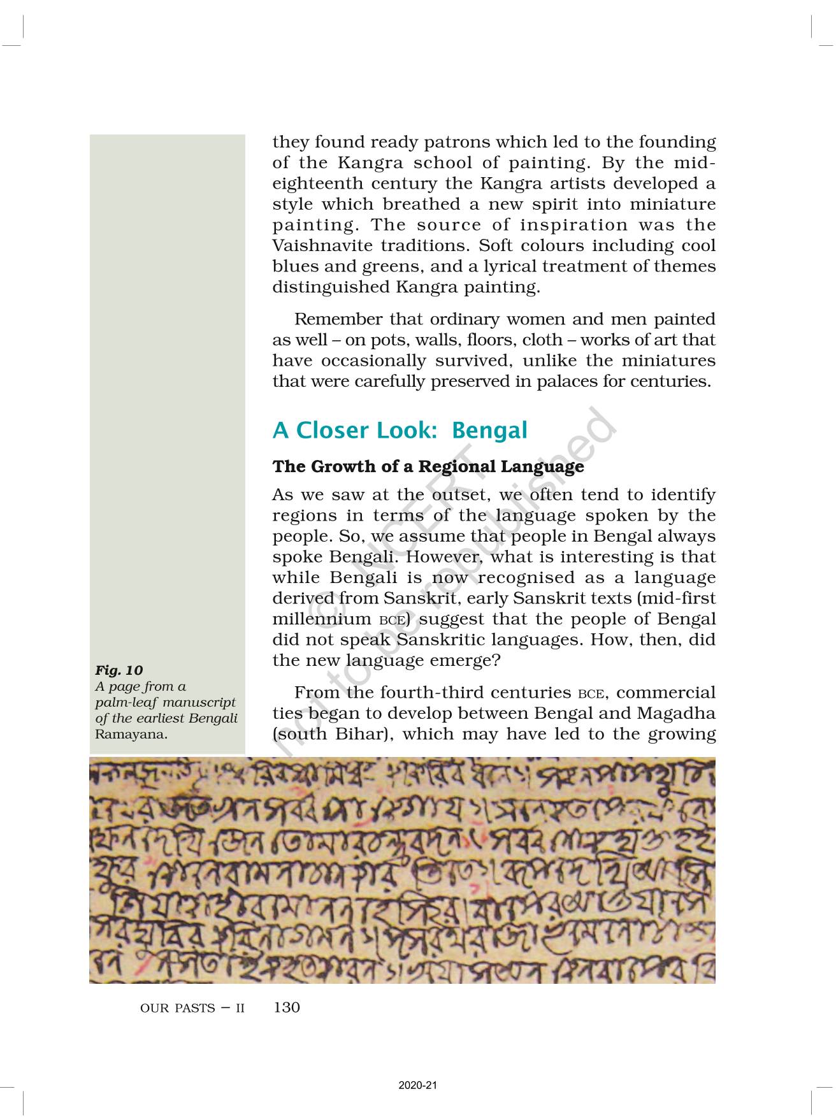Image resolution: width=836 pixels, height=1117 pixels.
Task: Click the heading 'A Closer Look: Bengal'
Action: point(400,431)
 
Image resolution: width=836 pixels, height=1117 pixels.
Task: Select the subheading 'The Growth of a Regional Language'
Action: point(428,467)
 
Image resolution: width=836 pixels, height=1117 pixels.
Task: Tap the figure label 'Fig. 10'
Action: point(119,670)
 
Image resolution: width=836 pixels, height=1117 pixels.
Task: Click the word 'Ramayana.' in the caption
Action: point(131,734)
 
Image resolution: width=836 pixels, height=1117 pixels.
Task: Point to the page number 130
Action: point(286,1007)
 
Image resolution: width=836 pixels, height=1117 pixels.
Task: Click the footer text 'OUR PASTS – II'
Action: point(192,1009)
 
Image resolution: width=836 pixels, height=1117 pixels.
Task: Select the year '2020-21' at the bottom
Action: point(417,1086)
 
